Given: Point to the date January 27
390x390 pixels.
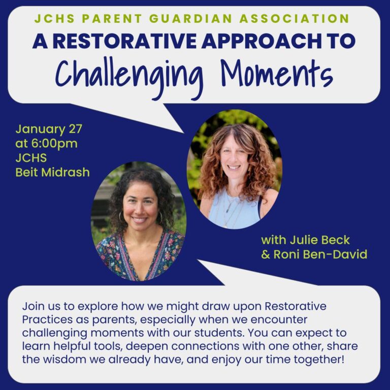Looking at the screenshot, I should coord(48,128).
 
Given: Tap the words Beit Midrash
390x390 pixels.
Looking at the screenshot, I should coord(52,172).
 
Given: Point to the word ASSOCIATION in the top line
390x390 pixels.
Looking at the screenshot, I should coord(301,19).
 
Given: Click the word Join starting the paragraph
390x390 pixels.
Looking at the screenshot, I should coord(32,307).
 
